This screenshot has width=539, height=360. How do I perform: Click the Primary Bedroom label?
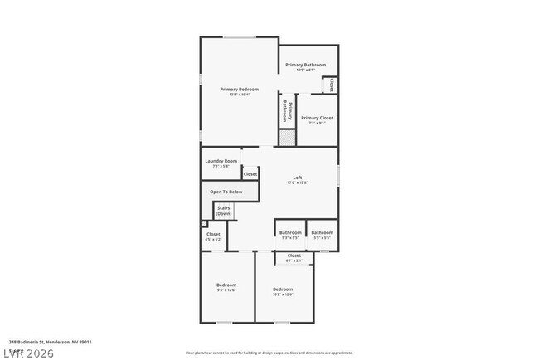pos(239,91)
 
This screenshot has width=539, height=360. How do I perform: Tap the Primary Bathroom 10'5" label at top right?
pos(306,66)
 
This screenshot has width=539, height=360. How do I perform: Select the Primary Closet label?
pos(316,120)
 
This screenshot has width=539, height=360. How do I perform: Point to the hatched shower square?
pos(287,138)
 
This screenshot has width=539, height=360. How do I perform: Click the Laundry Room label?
pos(221,163)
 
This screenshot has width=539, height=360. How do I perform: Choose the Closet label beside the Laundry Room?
pos(250,174)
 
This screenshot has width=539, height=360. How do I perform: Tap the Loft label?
pos(297,179)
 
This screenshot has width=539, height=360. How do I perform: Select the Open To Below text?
pos(226,192)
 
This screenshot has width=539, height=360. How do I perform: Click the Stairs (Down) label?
pos(224,212)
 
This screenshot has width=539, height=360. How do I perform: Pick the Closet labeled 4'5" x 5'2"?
pos(213,236)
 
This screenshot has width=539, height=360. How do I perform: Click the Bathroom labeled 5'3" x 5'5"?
pos(290,234)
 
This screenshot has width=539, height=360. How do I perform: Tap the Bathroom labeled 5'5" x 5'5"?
pos(322,234)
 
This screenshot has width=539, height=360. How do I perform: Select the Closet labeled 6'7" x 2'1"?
pos(294,257)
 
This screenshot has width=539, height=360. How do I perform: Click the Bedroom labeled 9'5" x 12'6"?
pos(226,287)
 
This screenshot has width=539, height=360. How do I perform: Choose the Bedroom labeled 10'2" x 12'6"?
pos(283,291)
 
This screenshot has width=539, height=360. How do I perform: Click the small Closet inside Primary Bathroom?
pos(329,85)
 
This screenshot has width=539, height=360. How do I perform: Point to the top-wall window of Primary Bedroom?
pos(239,36)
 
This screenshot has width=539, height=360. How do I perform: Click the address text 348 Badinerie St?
pos(50,342)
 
